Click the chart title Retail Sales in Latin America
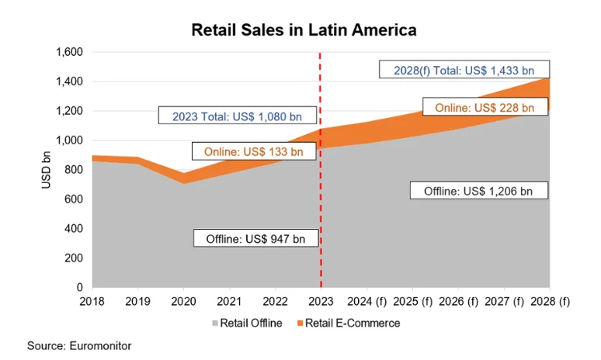click(304, 30)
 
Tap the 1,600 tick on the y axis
click(69, 53)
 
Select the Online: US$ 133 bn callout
click(254, 151)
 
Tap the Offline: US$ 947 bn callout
click(255, 238)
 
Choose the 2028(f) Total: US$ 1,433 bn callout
click(464, 70)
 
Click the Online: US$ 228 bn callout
click(485, 107)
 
